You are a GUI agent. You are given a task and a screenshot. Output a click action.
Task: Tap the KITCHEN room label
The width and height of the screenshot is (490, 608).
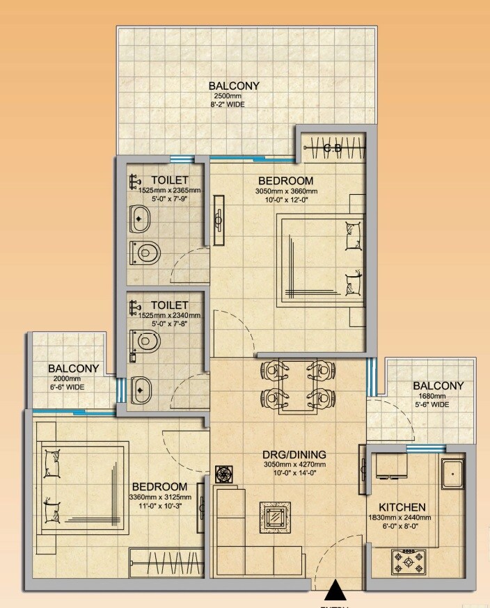(x=402, y=507)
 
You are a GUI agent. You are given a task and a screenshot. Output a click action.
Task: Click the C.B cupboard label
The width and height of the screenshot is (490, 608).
(x=333, y=147)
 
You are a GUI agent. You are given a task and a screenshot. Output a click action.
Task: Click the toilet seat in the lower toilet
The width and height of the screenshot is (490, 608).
(x=145, y=341)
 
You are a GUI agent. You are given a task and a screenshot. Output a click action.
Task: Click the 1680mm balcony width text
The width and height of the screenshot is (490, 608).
(x=429, y=397)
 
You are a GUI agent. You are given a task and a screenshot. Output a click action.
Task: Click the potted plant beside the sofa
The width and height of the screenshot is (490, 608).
(x=224, y=473)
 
